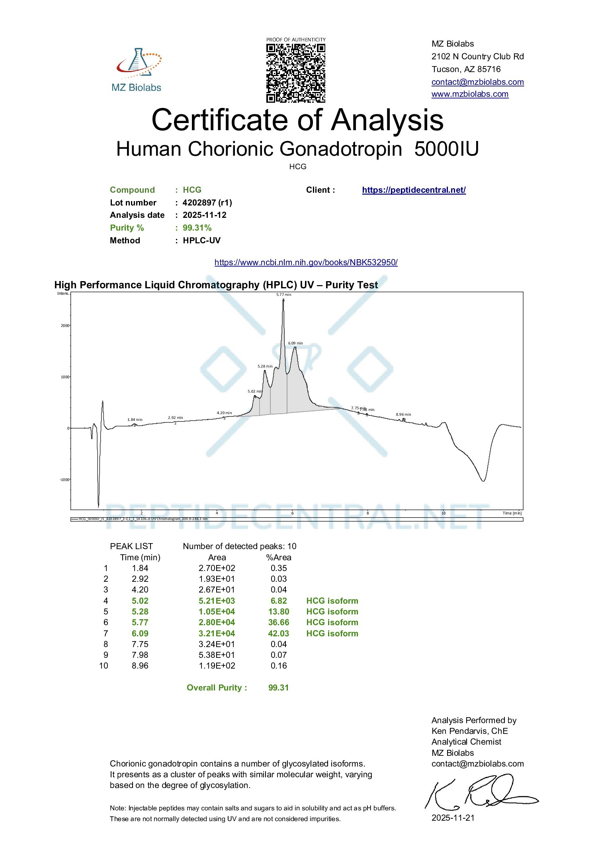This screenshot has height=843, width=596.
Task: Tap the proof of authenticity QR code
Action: [x=295, y=73]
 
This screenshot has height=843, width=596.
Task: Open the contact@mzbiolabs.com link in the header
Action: [x=477, y=82]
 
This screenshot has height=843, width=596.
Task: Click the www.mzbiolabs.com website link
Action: [x=470, y=94]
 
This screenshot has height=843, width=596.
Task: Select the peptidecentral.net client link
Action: [x=414, y=190]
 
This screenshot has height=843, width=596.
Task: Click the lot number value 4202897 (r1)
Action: [x=207, y=203]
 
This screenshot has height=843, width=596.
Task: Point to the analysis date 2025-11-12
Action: [x=204, y=215]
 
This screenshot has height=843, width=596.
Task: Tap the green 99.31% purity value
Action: [x=197, y=228]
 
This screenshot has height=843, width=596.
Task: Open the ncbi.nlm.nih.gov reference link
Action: [x=306, y=262]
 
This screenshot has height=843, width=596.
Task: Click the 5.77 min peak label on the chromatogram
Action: [x=283, y=295]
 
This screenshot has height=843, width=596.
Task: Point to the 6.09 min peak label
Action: [x=295, y=343]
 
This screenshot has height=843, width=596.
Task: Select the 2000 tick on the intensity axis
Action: [x=65, y=326]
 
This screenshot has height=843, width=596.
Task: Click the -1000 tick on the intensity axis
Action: [x=64, y=479]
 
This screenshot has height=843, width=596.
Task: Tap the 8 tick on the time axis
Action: [x=367, y=513]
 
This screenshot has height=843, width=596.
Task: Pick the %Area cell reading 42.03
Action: [x=278, y=634]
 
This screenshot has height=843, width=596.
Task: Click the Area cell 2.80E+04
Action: [x=217, y=622]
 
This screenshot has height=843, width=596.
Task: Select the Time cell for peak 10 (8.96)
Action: [x=140, y=666]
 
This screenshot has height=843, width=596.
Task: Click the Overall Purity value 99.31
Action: [x=278, y=688]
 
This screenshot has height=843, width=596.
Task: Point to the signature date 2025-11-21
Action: [x=453, y=818]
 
